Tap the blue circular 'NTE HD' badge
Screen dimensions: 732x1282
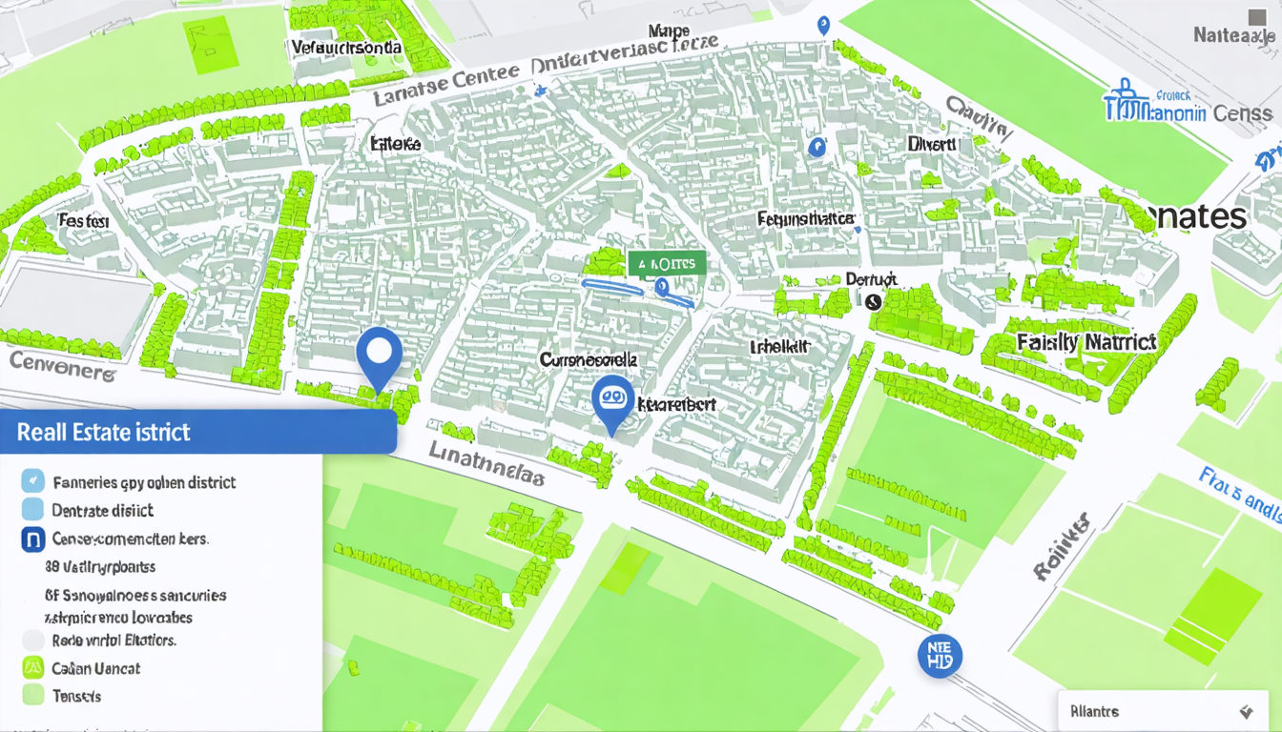pyautogui.click(x=940, y=656)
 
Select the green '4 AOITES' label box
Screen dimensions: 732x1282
pyautogui.click(x=667, y=263)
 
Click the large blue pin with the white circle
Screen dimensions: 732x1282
pyautogui.click(x=379, y=355)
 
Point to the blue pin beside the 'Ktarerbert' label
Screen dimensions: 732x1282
pyautogui.click(x=611, y=402)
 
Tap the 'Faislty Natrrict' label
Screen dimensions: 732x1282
pyautogui.click(x=1086, y=341)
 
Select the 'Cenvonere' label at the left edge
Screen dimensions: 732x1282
pyautogui.click(x=62, y=364)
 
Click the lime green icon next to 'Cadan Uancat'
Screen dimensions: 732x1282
pyautogui.click(x=33, y=668)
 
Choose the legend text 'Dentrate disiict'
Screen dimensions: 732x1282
pyautogui.click(x=103, y=510)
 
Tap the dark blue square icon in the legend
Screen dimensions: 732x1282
pyautogui.click(x=33, y=539)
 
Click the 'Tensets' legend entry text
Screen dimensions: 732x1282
pyautogui.click(x=77, y=696)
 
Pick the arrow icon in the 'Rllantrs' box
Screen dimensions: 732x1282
pyautogui.click(x=1245, y=712)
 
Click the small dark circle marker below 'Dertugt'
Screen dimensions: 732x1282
pyautogui.click(x=873, y=301)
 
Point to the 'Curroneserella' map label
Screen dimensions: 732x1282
pyautogui.click(x=588, y=360)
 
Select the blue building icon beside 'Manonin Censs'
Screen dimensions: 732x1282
pyautogui.click(x=1127, y=104)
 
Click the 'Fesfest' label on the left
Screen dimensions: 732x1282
pyautogui.click(x=84, y=221)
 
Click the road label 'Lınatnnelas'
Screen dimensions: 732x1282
pyautogui.click(x=486, y=464)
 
